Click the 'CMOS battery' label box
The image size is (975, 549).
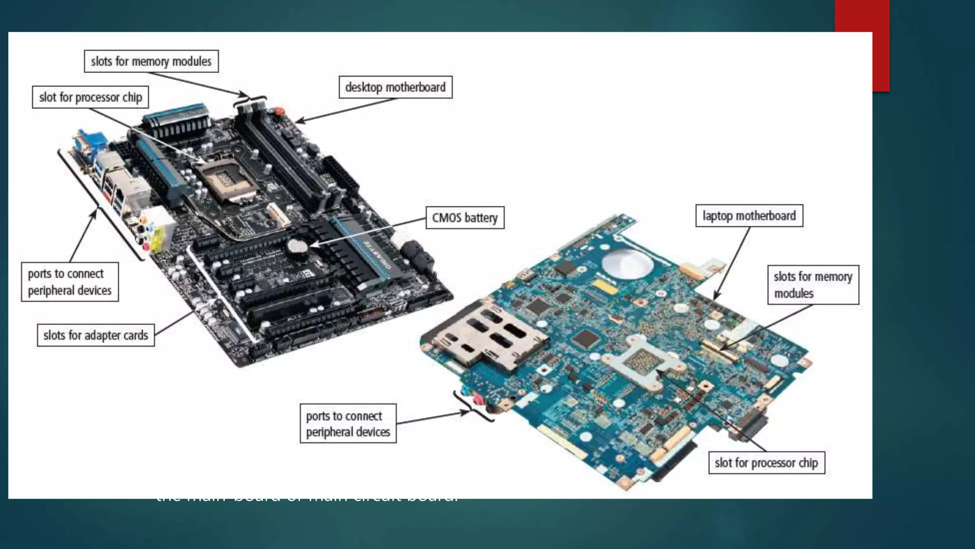coord(465,218)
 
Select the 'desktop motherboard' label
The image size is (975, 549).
coord(395,87)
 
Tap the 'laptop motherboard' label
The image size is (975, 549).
coord(749,216)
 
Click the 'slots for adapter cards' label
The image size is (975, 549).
coord(96,335)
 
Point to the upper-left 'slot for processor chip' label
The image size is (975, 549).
coord(90,97)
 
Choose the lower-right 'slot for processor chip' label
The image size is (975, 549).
coord(766,463)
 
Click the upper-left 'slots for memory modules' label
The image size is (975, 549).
coord(151,61)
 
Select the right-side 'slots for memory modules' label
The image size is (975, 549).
coord(813,285)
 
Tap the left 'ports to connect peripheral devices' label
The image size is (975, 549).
coord(70,282)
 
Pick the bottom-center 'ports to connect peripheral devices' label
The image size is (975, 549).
coord(348,424)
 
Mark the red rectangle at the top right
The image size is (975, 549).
coord(862,45)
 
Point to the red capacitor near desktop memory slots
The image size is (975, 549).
coord(279,112)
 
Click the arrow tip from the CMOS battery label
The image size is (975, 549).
coord(311,246)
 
